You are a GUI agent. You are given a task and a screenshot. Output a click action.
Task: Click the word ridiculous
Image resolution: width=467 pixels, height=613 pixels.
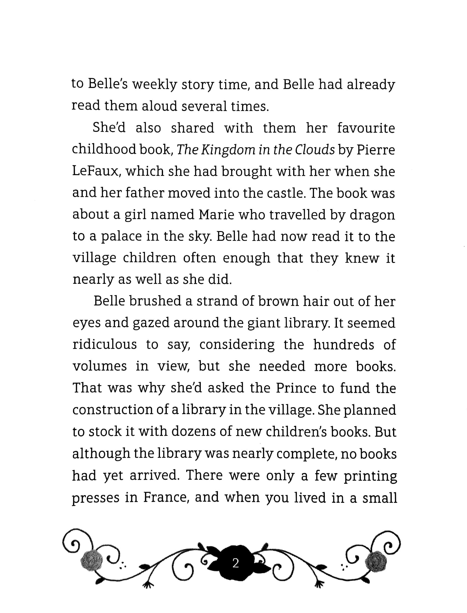(104, 345)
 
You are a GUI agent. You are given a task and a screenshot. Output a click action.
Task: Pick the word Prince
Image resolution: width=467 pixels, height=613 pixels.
(296, 388)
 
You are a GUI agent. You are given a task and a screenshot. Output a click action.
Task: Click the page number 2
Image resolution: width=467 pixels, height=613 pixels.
(236, 563)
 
